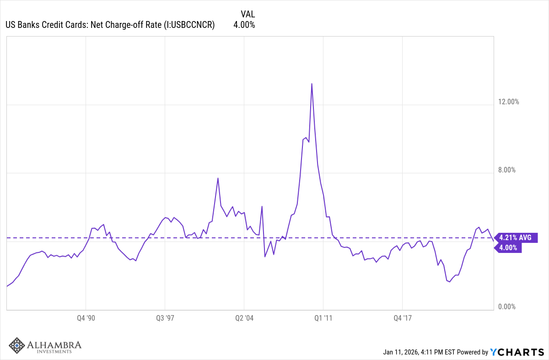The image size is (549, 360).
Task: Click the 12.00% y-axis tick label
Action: (x=508, y=102)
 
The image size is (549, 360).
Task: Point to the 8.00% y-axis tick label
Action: (x=506, y=170)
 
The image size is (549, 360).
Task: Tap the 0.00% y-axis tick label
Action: (x=506, y=307)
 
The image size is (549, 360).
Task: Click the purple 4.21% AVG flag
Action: (x=516, y=238)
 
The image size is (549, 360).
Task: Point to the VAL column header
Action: (x=248, y=14)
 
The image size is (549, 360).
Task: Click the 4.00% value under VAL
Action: (x=244, y=25)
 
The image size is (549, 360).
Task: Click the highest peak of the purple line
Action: (x=312, y=84)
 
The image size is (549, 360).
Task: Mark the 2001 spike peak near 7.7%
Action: (x=218, y=178)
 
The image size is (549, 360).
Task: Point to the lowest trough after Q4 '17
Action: (x=450, y=282)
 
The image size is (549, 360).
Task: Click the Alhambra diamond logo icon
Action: (x=17, y=346)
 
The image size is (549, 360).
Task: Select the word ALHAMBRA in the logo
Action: (x=54, y=344)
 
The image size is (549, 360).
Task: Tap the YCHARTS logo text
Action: (x=517, y=352)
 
